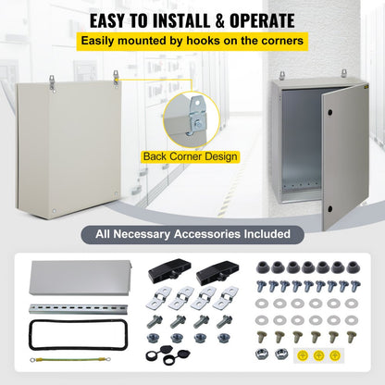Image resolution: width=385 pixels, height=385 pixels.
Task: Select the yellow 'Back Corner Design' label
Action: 190,157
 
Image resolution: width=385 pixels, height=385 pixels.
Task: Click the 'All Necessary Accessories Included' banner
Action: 192,234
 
